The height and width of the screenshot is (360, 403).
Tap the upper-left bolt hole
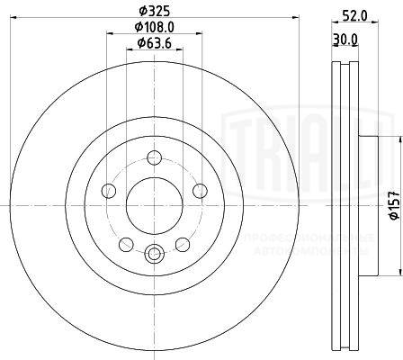[x=110, y=190]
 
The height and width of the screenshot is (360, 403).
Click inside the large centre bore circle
[x=152, y=206]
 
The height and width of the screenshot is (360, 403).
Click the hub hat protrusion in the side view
[x=367, y=206]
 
